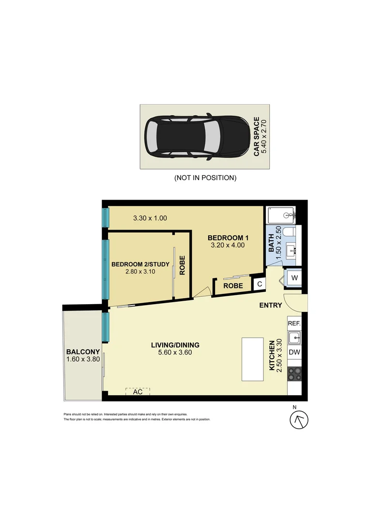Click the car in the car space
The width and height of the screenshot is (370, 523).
197,137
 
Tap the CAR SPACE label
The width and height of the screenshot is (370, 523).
257,137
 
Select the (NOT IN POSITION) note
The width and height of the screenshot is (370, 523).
205,178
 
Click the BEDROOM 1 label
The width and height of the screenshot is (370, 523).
228,238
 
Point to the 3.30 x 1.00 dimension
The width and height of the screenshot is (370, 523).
150,218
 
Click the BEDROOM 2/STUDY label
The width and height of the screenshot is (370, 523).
140,264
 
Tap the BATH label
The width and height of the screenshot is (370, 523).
271,243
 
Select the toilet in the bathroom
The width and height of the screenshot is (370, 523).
289,231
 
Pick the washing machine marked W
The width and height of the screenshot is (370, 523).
294,278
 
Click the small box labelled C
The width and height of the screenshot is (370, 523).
260,284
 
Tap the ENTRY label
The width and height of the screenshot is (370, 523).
271,305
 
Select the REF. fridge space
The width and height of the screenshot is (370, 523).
294,323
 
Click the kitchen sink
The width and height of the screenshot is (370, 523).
294,338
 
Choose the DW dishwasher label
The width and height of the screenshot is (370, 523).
294,352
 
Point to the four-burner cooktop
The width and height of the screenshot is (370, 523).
294,373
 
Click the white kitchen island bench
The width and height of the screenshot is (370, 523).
253,359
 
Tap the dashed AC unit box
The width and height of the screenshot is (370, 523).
138,392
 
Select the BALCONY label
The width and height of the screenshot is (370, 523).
83,352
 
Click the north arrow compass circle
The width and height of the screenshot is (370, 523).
299,420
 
